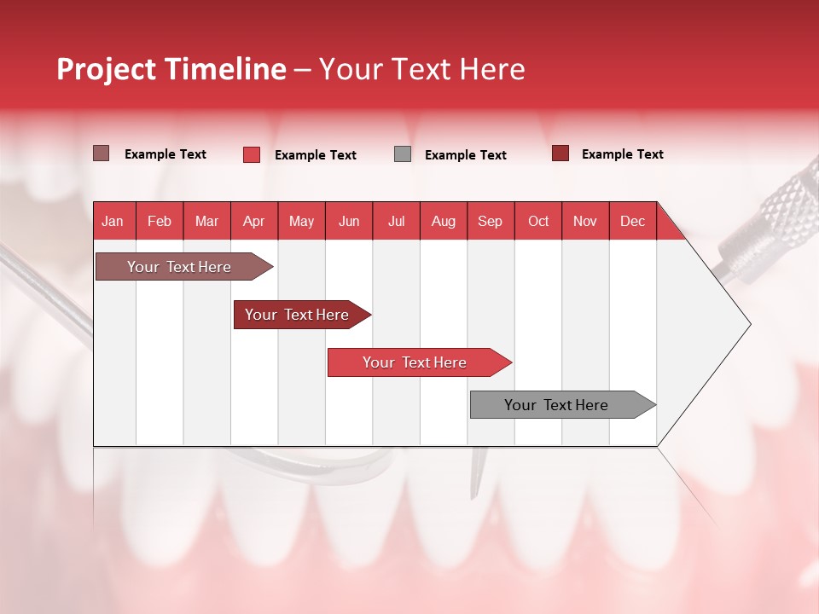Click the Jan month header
coord(113,221)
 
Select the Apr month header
coord(254,221)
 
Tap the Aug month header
coord(444,221)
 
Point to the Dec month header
coord(632,221)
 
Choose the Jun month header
coord(349,221)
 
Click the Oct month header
coord(538,221)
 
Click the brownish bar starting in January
coord(179,267)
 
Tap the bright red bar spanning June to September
coord(415,362)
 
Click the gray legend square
coord(403,154)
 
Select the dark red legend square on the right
coord(561,153)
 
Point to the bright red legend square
coord(252,154)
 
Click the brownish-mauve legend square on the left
coord(102,153)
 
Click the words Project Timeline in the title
coord(171,69)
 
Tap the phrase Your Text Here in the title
coord(422,69)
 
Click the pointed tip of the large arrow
coord(748,323)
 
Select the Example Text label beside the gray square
coord(465,155)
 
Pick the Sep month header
coord(490,221)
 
